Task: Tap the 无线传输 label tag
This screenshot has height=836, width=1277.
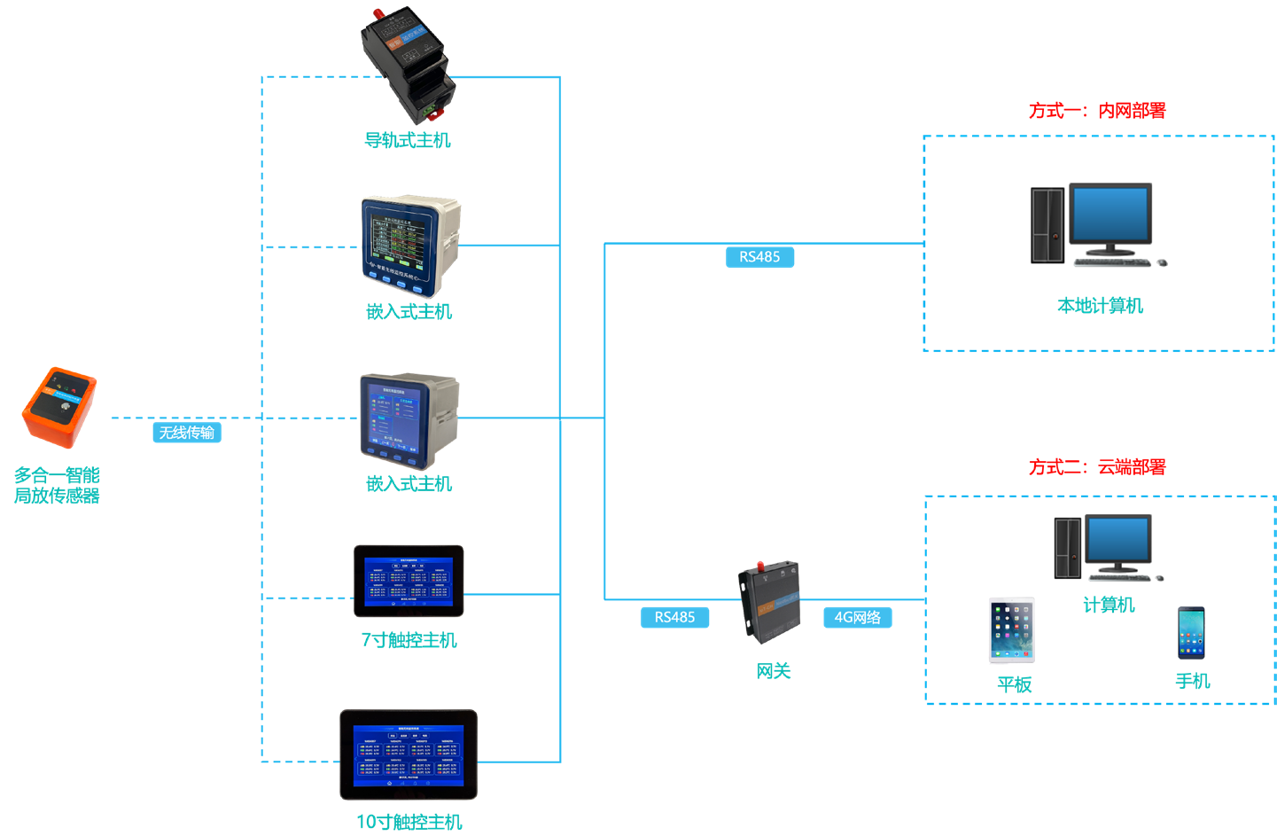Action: point(186,433)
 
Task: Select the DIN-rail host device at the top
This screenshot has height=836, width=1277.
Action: point(408,65)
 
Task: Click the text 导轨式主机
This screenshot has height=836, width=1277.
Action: point(408,140)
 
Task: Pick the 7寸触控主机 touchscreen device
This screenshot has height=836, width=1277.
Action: point(409,582)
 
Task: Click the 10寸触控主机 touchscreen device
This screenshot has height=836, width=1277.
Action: point(409,754)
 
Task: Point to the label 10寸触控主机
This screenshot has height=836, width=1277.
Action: point(409,822)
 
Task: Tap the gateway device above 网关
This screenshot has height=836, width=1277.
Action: point(769,601)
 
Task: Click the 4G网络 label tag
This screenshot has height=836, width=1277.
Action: point(857,617)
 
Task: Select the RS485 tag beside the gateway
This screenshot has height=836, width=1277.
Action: point(674,617)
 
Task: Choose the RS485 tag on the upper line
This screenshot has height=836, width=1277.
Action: point(759,257)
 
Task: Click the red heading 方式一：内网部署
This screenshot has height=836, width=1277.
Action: point(1097,111)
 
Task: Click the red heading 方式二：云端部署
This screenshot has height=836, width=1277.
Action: point(1097,467)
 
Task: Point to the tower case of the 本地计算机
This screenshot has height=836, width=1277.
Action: point(1047,225)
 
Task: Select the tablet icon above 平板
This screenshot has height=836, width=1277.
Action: point(1011,630)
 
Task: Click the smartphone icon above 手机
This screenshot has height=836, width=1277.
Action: point(1191,633)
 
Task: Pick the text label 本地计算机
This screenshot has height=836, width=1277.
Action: point(1100,306)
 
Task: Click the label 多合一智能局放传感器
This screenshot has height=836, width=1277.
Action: point(57,485)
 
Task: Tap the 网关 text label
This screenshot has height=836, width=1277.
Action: point(773,671)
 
